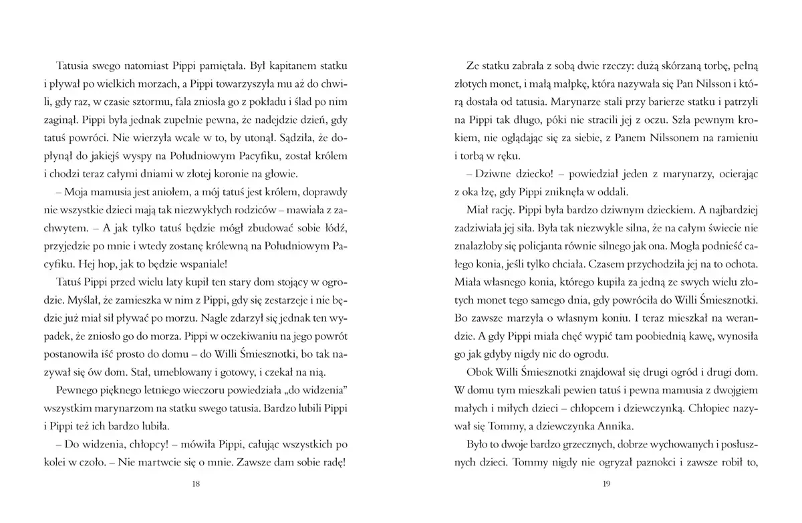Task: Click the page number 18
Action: coord(196,484)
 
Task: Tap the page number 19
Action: coord(607,484)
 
